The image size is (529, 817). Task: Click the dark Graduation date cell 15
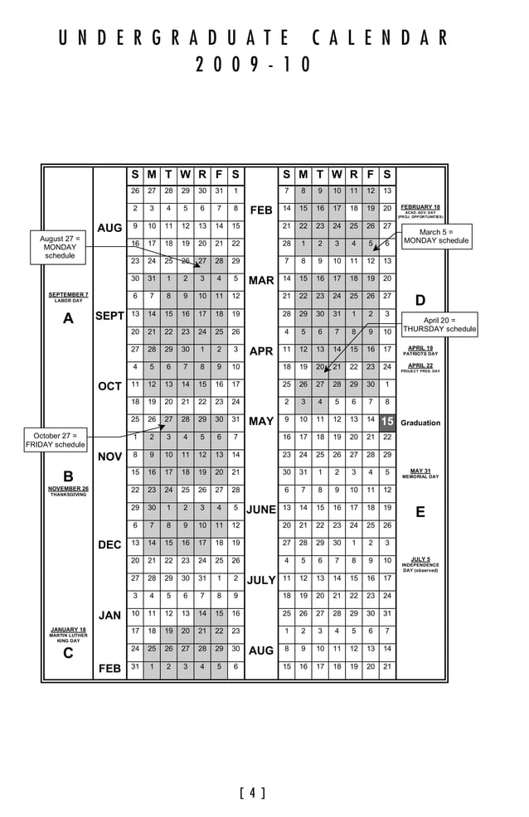[x=387, y=422]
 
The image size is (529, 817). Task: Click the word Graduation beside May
[x=420, y=423]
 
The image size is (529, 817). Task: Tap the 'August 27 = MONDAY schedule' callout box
[x=60, y=247]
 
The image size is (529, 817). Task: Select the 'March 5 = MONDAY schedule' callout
[x=436, y=237]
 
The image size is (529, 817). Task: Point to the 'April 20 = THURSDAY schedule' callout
[x=439, y=324]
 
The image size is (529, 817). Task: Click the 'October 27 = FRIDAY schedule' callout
[x=56, y=440]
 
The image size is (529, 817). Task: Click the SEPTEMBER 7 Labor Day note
[x=68, y=297]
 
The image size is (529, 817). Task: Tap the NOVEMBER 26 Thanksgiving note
[x=68, y=491]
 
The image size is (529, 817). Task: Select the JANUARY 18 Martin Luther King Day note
[x=68, y=634]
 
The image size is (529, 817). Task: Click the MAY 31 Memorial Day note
[x=421, y=473]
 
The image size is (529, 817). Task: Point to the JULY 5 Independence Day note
[x=421, y=564]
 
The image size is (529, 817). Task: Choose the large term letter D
[x=420, y=300]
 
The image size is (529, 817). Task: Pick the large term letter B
[x=68, y=476]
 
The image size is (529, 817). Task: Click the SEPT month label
[x=109, y=316]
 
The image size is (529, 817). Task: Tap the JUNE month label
[x=260, y=510]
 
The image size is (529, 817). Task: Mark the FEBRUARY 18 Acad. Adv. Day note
[x=421, y=210]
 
